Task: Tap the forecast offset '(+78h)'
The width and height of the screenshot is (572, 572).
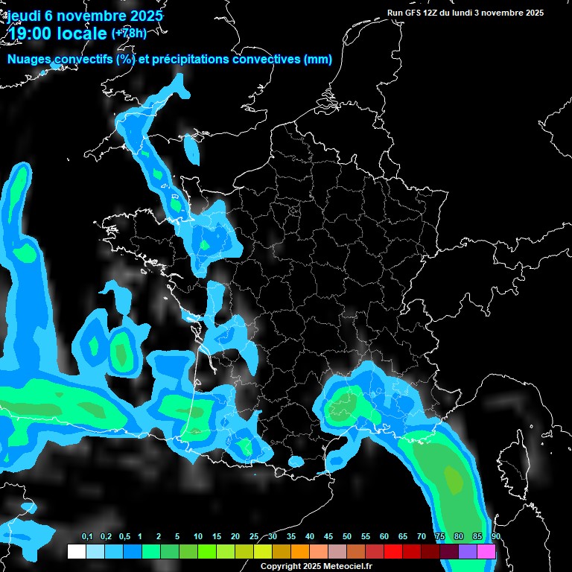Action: coord(129,33)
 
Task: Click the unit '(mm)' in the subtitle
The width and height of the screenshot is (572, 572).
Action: coord(318,60)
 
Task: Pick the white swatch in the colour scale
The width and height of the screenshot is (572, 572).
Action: coord(76,551)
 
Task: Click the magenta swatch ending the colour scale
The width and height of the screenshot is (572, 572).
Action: coord(486,551)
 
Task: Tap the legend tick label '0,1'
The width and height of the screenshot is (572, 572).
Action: coord(87,537)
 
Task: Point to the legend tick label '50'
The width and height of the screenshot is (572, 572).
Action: coord(347,537)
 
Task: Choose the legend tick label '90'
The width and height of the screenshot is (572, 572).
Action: coord(495,537)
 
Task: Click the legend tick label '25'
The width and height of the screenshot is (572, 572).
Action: coord(254,537)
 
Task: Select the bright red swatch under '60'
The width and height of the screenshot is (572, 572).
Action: coord(393,551)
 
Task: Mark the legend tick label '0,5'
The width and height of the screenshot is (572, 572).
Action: coord(124,537)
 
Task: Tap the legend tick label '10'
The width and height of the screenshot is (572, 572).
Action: coord(198,537)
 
